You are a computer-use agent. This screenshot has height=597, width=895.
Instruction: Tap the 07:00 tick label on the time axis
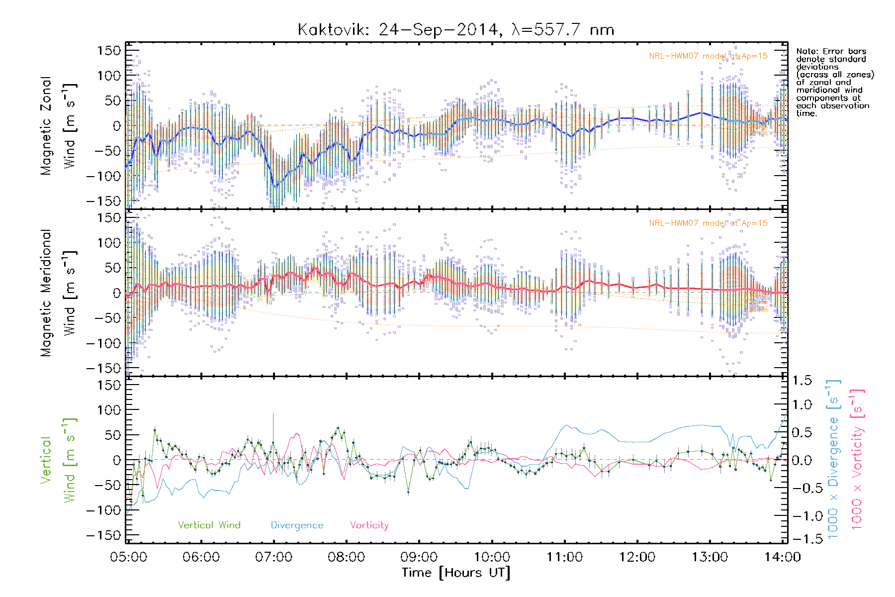pyautogui.click(x=273, y=557)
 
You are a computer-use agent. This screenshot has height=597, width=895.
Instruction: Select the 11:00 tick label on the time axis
pyautogui.click(x=564, y=557)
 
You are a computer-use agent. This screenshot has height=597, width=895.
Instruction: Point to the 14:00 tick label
pyautogui.click(x=782, y=557)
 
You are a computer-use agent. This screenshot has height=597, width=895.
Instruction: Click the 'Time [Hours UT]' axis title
pyautogui.click(x=455, y=573)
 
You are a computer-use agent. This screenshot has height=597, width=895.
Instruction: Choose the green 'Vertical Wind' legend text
pyautogui.click(x=209, y=525)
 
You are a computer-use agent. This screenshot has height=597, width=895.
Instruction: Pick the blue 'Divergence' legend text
pyautogui.click(x=297, y=525)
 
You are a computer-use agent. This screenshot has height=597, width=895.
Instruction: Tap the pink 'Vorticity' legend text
pyautogui.click(x=369, y=525)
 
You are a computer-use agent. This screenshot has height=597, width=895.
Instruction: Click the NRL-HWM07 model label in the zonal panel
pyautogui.click(x=708, y=56)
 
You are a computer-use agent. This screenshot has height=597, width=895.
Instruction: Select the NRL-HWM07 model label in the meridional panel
pyautogui.click(x=708, y=223)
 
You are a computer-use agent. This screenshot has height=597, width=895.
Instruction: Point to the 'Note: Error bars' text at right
pyautogui.click(x=831, y=52)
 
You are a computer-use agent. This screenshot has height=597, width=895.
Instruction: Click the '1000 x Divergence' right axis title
pyautogui.click(x=833, y=460)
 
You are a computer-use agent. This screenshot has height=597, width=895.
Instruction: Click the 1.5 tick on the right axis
pyautogui.click(x=802, y=381)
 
